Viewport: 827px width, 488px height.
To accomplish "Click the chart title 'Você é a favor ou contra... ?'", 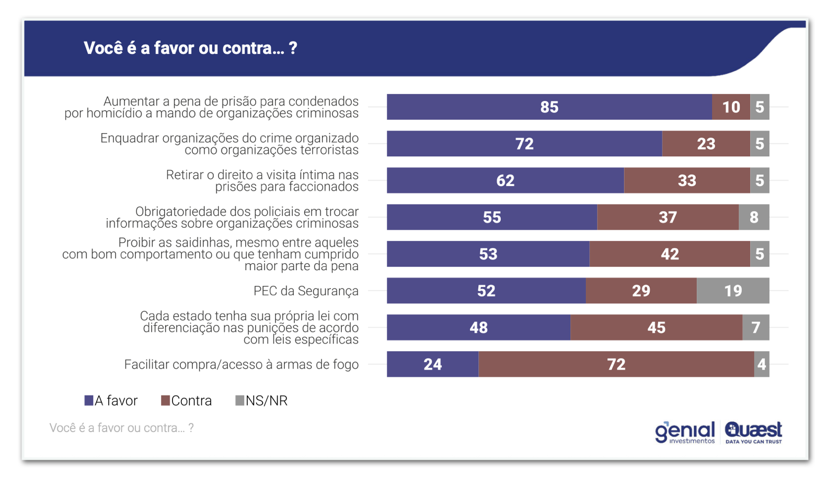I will pyautogui.click(x=190, y=48).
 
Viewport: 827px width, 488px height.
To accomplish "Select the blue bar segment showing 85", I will pyautogui.click(x=549, y=107).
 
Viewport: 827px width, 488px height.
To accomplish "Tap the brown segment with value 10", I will pyautogui.click(x=730, y=107).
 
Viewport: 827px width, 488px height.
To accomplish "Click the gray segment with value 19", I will pyautogui.click(x=732, y=291).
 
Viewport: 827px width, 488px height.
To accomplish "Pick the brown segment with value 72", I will pyautogui.click(x=616, y=364).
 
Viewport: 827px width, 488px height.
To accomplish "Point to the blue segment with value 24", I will pyautogui.click(x=432, y=364).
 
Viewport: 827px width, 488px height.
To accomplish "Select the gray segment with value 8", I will pyautogui.click(x=753, y=217).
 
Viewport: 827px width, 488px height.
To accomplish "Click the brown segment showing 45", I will pyautogui.click(x=656, y=328).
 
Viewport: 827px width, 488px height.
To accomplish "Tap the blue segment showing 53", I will pyautogui.click(x=488, y=254).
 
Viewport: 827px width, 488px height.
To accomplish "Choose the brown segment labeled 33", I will pyautogui.click(x=686, y=181).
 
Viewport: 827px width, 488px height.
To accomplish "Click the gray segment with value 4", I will pyautogui.click(x=761, y=364).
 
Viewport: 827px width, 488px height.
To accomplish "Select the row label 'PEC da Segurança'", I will pyautogui.click(x=306, y=291).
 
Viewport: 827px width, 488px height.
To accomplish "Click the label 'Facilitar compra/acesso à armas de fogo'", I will pyautogui.click(x=241, y=365).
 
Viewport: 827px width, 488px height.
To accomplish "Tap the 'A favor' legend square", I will pyautogui.click(x=89, y=401).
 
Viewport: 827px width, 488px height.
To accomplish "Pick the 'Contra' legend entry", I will pyautogui.click(x=187, y=401).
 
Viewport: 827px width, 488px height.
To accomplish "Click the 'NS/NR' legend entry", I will pyautogui.click(x=261, y=401).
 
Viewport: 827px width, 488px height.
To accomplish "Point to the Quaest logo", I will pyautogui.click(x=753, y=432).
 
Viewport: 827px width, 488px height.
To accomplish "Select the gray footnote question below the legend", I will pyautogui.click(x=121, y=428).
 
